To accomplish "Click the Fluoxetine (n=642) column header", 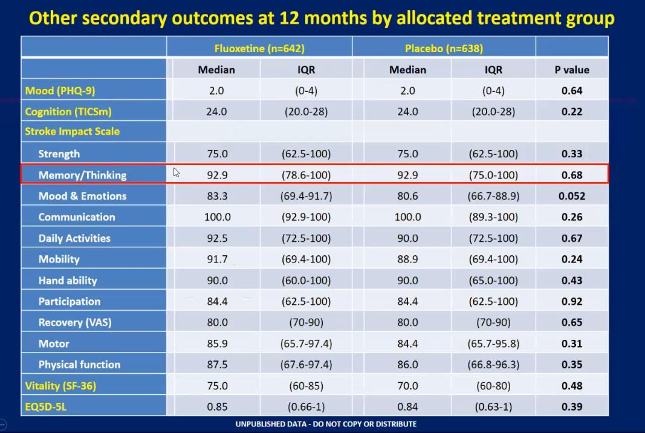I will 259,48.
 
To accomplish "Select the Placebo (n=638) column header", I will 444,48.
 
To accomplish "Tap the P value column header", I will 572,70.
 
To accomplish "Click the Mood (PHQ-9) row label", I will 60,91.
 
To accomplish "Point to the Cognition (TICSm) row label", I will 68,112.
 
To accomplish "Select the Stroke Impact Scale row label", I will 72,131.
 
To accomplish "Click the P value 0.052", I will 572,196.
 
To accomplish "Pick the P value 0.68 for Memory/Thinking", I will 572,175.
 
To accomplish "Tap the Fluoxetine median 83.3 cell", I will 216,196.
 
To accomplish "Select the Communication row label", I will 77,217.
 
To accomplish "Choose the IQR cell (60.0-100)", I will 306,280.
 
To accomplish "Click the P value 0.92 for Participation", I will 572,301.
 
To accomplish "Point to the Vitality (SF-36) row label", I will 60,385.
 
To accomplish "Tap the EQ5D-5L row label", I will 46,406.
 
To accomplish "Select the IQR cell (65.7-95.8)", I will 493,343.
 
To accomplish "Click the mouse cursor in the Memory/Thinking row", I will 177,173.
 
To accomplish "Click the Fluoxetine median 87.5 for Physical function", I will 216,365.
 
